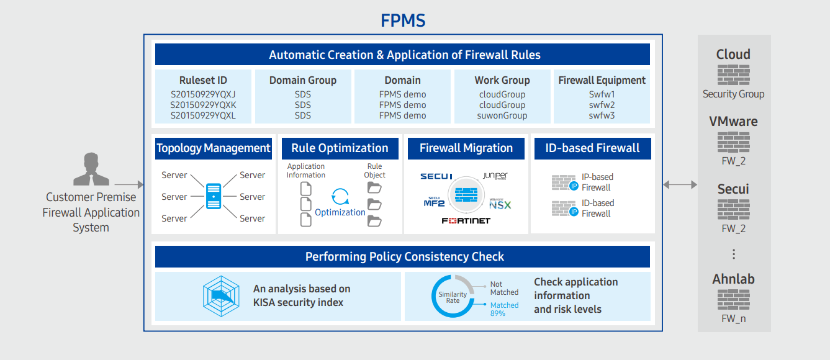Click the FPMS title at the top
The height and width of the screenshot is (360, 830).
point(403,20)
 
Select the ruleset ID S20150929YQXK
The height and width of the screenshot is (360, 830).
point(204,105)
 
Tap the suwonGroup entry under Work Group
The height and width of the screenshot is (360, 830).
point(502,115)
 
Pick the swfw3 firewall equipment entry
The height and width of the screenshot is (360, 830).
point(602,115)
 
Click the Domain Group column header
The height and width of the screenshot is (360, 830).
point(303,80)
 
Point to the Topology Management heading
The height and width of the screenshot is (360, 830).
point(214,148)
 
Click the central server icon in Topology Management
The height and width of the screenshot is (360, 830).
point(214,196)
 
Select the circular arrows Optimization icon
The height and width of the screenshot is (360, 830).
point(340,197)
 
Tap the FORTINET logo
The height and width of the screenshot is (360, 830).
point(466,221)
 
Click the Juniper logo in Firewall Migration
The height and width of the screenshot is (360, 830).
point(495,177)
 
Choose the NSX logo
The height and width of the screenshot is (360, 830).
point(500,204)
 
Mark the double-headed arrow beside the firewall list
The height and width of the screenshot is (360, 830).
point(680,184)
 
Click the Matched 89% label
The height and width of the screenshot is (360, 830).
point(504,308)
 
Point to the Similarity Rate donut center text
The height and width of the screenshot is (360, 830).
point(453,297)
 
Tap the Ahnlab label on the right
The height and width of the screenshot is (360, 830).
point(733,279)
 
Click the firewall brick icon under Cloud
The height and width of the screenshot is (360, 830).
point(733,75)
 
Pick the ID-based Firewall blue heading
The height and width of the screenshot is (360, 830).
point(592,148)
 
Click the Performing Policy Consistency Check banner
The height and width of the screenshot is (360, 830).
point(404,257)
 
